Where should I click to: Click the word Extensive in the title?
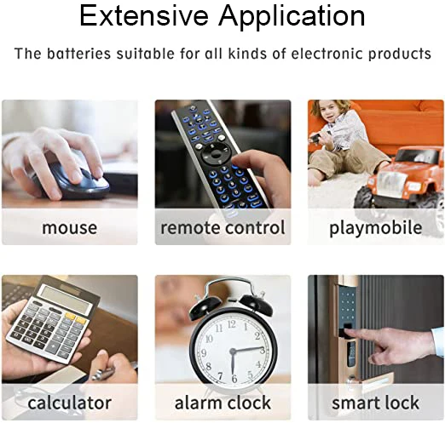point(144,16)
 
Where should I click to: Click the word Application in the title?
point(292,18)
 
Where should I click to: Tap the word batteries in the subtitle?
point(78,54)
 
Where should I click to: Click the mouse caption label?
point(70,228)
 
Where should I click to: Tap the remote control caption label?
point(222,227)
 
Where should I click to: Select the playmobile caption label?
point(376,228)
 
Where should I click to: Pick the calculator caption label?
point(70,403)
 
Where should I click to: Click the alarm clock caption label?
point(222,403)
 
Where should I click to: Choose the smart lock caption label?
point(376,403)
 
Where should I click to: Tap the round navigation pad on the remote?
point(216,154)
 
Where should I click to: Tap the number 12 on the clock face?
point(232,324)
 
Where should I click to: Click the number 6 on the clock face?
point(234,378)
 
